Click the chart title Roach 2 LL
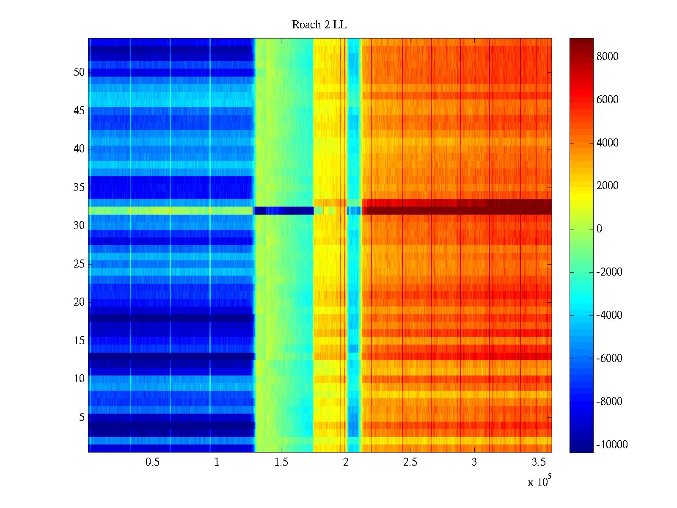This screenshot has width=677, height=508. point(319,25)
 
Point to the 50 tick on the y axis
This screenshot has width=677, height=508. point(79,72)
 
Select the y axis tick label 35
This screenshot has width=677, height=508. point(79,187)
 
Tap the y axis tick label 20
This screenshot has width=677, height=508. point(79,302)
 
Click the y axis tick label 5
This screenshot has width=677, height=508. point(82,417)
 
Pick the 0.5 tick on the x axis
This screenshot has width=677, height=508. point(152,462)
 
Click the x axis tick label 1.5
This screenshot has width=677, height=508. point(281,462)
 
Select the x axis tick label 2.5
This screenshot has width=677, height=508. point(410,462)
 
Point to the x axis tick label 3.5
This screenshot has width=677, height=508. point(538,462)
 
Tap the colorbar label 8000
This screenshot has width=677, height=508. point(607,57)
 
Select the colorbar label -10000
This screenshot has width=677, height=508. point(612,444)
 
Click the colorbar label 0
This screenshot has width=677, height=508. point(599,229)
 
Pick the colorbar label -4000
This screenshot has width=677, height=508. point(609,315)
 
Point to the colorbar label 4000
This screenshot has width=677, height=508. point(607,143)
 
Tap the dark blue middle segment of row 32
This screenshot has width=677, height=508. point(283,210)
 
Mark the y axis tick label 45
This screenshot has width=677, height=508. point(79,110)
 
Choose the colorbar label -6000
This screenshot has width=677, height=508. point(609,358)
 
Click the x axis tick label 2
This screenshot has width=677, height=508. point(346,462)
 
